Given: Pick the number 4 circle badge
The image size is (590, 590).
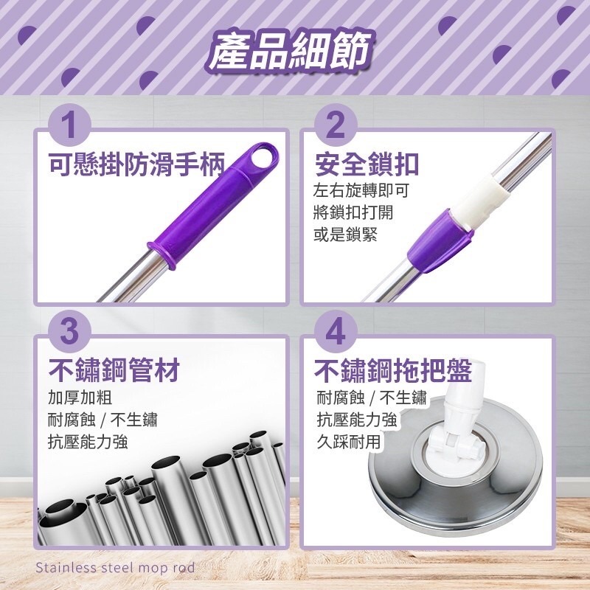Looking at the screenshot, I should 335,333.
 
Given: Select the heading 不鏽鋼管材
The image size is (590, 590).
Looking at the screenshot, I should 114,369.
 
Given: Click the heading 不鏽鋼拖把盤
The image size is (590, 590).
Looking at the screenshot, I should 394,369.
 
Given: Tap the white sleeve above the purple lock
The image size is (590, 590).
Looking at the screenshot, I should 483,195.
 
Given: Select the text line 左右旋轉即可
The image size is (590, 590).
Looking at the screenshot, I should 361,191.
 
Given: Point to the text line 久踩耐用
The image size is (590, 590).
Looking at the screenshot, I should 349,442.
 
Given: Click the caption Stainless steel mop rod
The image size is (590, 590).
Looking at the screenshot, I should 114,568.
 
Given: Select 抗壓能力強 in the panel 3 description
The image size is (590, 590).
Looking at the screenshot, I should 88,442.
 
